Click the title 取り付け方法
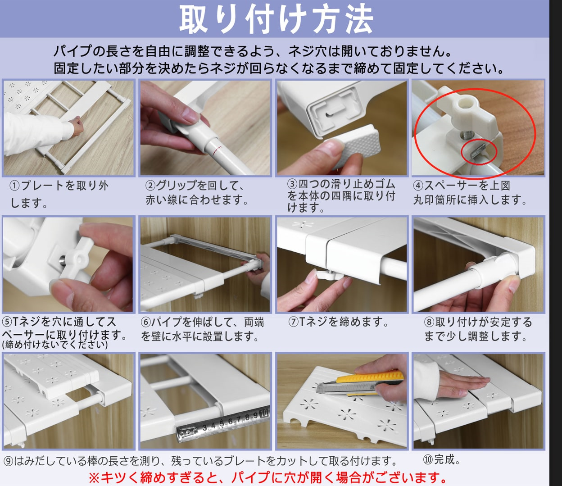[276, 19]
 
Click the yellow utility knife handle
[370, 383]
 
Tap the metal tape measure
[223, 424]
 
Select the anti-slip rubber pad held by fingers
[353, 145]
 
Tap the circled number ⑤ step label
[7, 322]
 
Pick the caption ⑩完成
[441, 459]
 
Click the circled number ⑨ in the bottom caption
[9, 461]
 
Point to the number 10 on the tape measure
[264, 414]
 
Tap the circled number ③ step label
[293, 184]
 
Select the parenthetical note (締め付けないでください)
[55, 345]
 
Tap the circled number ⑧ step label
[429, 322]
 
